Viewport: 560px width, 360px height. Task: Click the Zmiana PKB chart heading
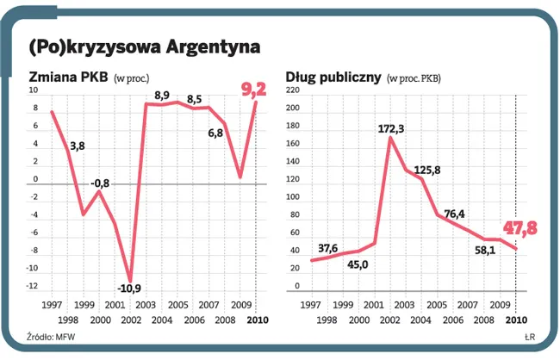[68, 77]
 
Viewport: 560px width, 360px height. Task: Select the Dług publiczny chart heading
[333, 77]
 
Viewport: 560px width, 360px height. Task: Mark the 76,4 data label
[454, 214]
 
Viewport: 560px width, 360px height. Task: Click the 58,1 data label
[487, 251]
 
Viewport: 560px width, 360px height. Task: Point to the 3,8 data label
[76, 146]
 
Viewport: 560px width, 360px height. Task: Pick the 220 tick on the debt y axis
[290, 90]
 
